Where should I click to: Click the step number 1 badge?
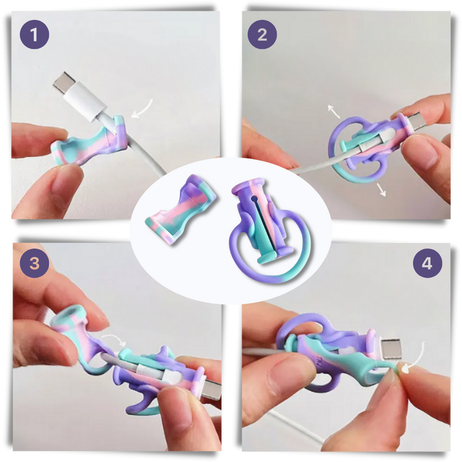pos(35,35)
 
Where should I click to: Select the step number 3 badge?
pos(35,264)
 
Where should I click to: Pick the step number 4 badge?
pos(427,264)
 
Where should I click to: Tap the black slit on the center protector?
pos(254,219)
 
